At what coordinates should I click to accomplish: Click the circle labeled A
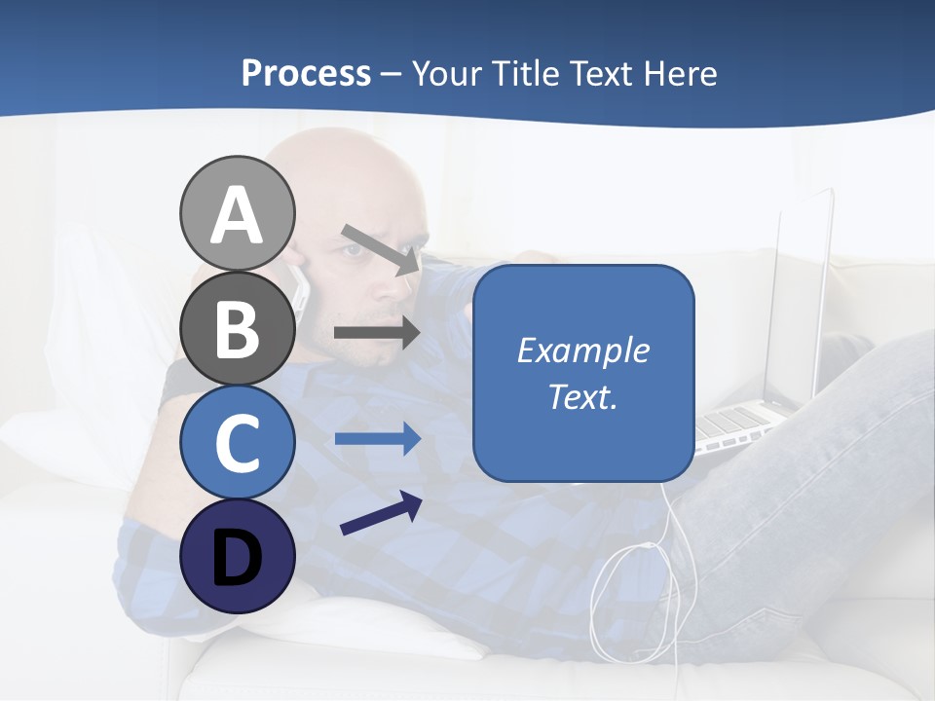pos(237,213)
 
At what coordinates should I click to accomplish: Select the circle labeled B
pos(237,328)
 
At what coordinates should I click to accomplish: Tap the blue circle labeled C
pos(237,442)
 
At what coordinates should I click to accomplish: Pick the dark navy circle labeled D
pos(237,556)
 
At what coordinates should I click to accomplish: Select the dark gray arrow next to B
pos(377,333)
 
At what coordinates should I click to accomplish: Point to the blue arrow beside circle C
pos(377,439)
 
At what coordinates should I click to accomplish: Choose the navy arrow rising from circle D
pos(381,513)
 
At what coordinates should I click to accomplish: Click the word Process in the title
pos(306,73)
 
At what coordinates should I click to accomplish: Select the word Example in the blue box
pos(582,350)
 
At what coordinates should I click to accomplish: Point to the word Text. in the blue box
pos(582,396)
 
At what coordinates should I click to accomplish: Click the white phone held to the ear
pos(301,289)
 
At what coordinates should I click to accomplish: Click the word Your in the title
pos(446,73)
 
